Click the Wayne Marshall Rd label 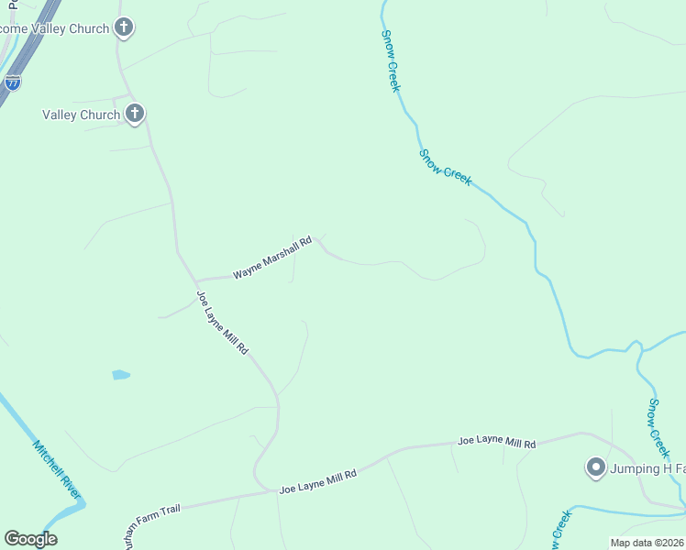pyautogui.click(x=272, y=258)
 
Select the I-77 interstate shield pyautogui.click(x=13, y=82)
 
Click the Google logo pyautogui.click(x=30, y=539)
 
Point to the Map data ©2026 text pyautogui.click(x=647, y=543)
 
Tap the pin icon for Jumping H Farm pyautogui.click(x=595, y=468)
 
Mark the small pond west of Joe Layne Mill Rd pyautogui.click(x=120, y=375)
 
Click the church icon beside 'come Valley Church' pyautogui.click(x=125, y=28)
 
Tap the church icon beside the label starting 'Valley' pyautogui.click(x=135, y=114)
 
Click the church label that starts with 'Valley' pyautogui.click(x=81, y=115)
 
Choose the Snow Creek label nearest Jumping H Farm pyautogui.click(x=659, y=427)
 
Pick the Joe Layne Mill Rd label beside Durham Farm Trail pyautogui.click(x=316, y=480)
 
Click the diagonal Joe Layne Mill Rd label pyautogui.click(x=222, y=323)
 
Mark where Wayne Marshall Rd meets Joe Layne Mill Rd pyautogui.click(x=194, y=280)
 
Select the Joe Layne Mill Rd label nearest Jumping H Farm pyautogui.click(x=496, y=442)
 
